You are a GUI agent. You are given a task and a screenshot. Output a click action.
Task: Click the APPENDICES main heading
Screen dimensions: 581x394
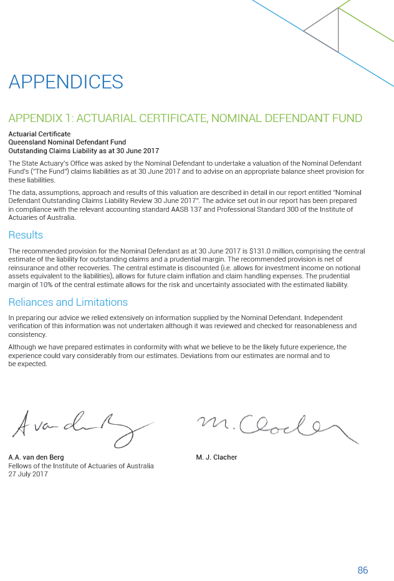[65, 82]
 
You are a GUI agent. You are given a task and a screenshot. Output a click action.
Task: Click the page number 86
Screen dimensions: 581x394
[363, 570]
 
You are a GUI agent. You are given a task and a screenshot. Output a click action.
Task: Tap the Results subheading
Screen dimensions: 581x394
[26, 235]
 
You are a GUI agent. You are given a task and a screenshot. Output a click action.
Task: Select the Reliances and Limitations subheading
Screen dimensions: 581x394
[67, 302]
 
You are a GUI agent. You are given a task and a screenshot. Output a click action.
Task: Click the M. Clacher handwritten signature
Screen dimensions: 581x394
[274, 427]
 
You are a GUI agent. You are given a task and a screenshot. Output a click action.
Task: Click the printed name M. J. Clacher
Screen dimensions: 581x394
[216, 457]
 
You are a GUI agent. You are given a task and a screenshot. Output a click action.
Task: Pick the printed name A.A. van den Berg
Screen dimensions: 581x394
[36, 457]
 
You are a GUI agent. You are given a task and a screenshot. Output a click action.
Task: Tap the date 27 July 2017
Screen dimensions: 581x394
[28, 474]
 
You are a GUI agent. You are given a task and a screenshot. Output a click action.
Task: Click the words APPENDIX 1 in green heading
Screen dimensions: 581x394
[38, 118]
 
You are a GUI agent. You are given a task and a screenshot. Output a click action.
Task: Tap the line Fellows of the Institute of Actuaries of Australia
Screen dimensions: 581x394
[81, 466]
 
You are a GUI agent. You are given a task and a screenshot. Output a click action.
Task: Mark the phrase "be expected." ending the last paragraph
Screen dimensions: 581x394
[27, 364]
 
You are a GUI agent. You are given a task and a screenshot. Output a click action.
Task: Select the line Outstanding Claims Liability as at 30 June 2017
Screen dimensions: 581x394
[84, 151]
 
